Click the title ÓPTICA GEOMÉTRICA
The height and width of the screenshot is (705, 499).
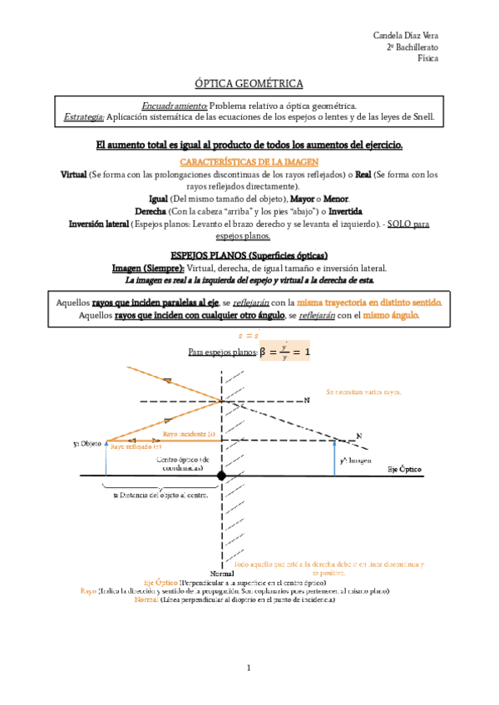(249, 84)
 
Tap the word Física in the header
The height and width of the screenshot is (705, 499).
(427, 59)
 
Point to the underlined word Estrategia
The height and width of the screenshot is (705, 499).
(84, 117)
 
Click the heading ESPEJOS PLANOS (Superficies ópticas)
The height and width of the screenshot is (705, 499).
(249, 254)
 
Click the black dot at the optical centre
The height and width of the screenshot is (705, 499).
(221, 476)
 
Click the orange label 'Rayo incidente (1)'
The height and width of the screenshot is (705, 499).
(189, 434)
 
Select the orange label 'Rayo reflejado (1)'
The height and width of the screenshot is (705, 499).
(136, 446)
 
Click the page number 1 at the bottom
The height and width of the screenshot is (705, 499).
(249, 668)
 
